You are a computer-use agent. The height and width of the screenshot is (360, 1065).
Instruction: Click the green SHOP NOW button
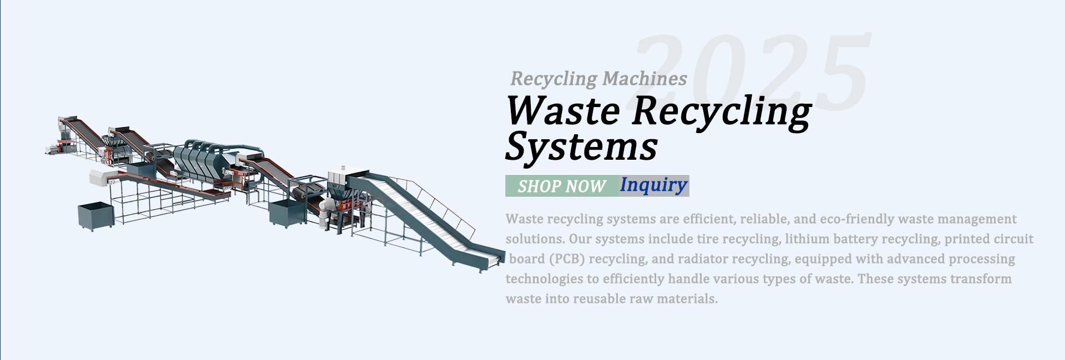[561, 186]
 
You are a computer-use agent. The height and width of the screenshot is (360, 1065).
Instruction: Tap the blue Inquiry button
[653, 185]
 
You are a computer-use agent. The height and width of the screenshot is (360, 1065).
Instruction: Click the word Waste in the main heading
[562, 111]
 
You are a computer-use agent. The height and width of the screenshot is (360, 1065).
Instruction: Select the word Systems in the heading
[581, 148]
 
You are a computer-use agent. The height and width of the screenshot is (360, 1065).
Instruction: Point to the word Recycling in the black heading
[721, 111]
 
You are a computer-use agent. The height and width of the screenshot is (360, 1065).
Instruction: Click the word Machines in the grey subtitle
[645, 79]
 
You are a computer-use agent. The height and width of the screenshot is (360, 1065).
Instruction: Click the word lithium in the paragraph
[804, 239]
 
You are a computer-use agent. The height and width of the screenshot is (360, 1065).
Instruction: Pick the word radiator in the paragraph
[701, 259]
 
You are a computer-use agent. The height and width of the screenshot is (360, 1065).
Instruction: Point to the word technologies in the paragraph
[544, 279]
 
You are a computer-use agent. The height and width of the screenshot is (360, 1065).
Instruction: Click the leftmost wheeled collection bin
[95, 215]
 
